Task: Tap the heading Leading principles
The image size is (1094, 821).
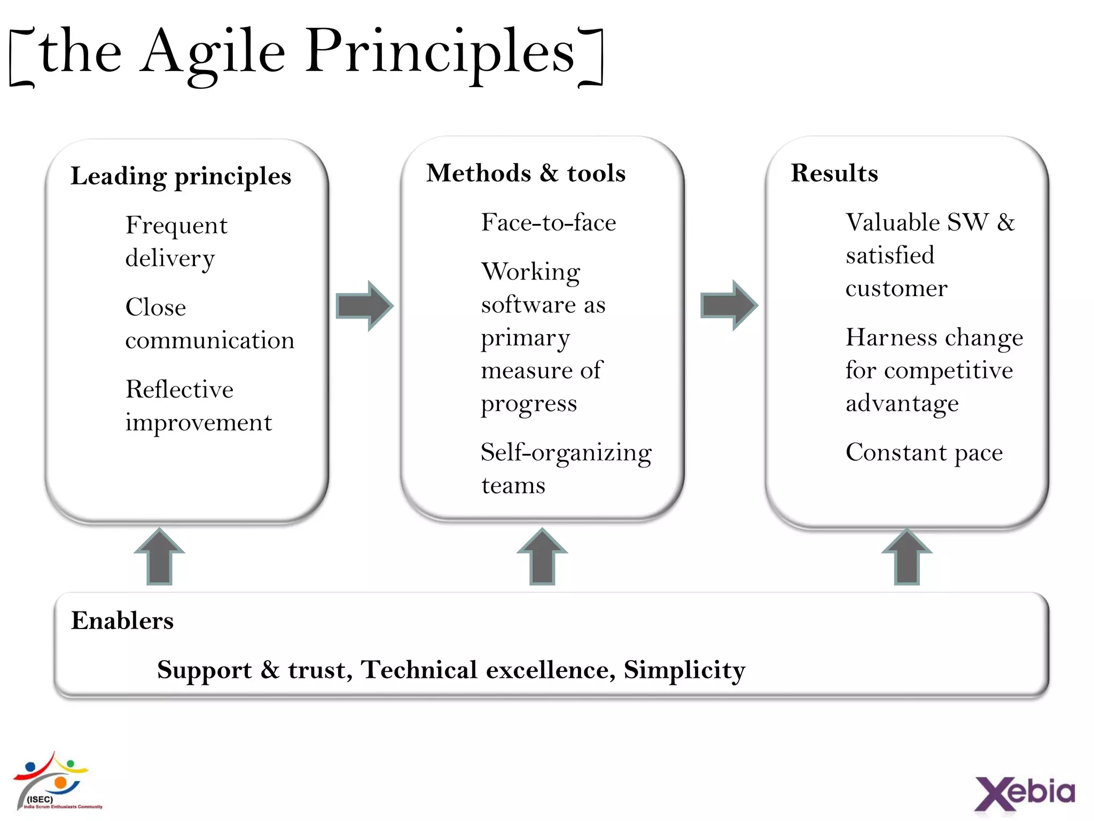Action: [181, 176]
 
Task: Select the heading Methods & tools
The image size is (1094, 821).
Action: [526, 173]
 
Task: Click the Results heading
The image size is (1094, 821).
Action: [834, 173]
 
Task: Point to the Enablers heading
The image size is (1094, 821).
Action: [122, 621]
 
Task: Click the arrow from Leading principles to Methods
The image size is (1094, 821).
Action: [364, 306]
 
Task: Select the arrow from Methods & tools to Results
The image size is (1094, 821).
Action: [729, 305]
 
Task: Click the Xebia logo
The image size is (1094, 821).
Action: [1025, 793]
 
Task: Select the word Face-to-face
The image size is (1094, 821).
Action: [548, 222]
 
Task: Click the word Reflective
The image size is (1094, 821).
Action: [179, 389]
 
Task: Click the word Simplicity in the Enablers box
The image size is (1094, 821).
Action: [684, 670]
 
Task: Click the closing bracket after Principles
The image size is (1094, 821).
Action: [592, 56]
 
